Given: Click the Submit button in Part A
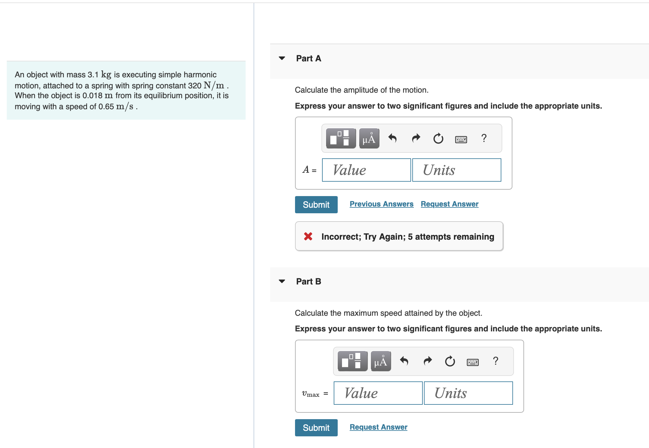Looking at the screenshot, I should pos(316,205).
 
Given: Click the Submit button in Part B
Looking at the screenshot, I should pos(316,427).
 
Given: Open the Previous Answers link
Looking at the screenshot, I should pos(381,204).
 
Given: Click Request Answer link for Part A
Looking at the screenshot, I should pos(449,204).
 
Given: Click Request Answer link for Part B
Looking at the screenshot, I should pos(378,427).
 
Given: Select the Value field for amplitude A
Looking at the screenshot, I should pos(366,170).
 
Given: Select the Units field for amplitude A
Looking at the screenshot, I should pos(457,170).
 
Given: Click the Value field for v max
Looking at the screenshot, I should pos(378,393).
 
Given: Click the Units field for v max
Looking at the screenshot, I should pos(468,393).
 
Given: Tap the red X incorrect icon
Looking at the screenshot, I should pos(308,236).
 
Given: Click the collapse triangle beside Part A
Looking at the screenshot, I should pos(282,58).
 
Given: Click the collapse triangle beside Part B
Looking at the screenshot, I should pos(282,281).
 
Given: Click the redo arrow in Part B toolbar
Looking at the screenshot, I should pos(427,361).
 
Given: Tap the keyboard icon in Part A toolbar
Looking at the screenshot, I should pos(461,140).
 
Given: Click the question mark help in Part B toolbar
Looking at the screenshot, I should pos(495,361).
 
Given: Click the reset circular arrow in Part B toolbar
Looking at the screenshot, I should pos(450,361).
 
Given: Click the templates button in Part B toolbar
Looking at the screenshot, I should pos(352,361).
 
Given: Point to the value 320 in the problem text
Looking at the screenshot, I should pos(195,86).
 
